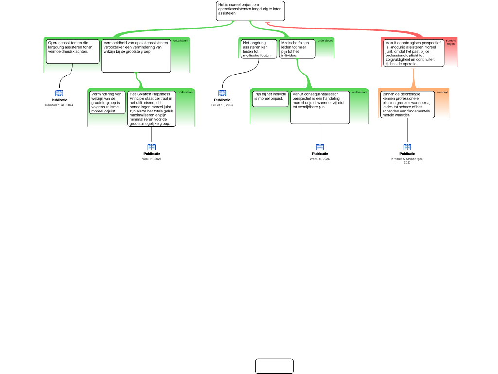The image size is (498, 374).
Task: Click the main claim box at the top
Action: coord(250,11)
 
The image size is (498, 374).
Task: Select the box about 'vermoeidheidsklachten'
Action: coord(72,51)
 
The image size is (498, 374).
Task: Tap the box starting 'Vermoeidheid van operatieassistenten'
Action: coord(136,56)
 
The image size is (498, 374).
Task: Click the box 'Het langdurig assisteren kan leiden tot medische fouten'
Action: coord(259,49)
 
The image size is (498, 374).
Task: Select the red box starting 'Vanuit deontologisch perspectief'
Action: coord(413,53)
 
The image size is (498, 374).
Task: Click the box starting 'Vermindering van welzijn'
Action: coord(107,102)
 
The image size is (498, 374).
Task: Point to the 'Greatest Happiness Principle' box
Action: coord(152,109)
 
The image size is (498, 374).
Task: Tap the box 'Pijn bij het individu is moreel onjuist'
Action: coord(270,98)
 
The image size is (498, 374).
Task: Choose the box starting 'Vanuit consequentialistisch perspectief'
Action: coord(320,107)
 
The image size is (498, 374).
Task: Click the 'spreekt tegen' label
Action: coord(451,42)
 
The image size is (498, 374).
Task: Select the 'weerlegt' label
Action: coord(442,92)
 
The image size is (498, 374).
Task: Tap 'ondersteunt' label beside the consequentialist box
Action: coord(360,92)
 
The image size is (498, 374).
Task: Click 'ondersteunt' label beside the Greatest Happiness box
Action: coord(186,92)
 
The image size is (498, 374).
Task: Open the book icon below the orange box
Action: coord(408,147)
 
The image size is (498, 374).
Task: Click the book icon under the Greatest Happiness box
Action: coord(151,147)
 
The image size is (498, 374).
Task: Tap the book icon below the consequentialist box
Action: coord(320,147)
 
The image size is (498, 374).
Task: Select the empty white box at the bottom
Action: coord(274,366)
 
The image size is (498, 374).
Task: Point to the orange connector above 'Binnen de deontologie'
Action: coord(413,78)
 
